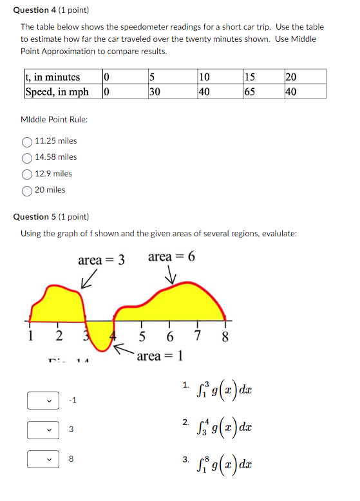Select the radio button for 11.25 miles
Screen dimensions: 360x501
[28, 141]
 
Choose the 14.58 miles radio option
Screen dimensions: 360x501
[28, 157]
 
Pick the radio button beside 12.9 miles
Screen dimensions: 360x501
[28, 174]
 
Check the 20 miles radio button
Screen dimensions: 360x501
[28, 190]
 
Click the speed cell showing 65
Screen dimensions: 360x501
[249, 91]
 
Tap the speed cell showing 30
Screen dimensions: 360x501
[155, 91]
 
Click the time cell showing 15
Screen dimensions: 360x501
[249, 77]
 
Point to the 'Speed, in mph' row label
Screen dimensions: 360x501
[57, 91]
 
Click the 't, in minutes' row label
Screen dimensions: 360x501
[53, 77]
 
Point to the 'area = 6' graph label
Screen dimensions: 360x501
[171, 257]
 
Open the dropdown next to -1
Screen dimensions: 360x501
[43, 401]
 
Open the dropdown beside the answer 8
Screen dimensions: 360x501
[43, 459]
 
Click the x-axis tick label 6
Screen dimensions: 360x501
[169, 337]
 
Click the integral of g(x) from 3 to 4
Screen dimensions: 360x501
[223, 427]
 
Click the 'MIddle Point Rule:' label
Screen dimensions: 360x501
[55, 120]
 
